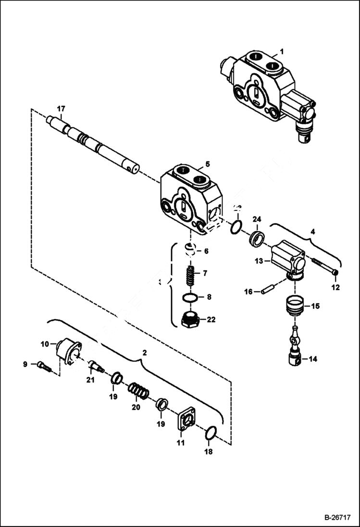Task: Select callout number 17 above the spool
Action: (x=61, y=108)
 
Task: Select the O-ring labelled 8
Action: (x=191, y=298)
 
